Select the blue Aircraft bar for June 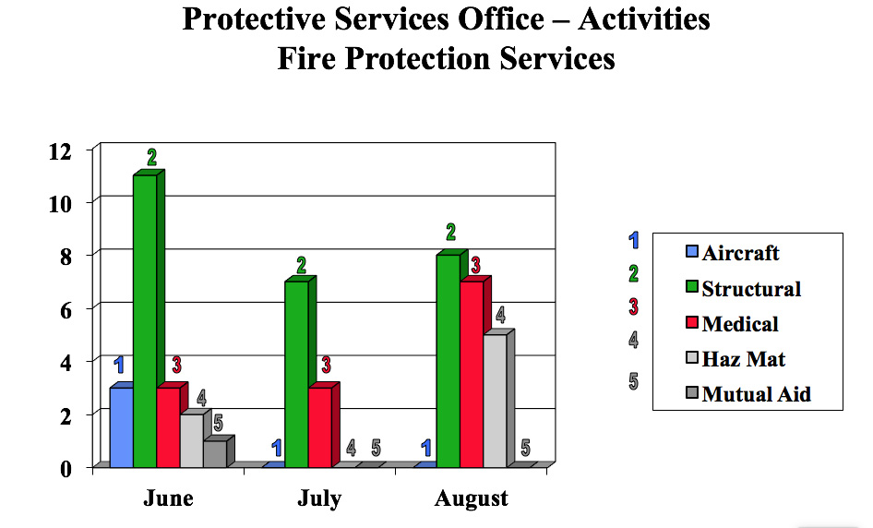click(122, 426)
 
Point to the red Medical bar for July click(319, 426)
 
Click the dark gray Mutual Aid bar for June click(214, 453)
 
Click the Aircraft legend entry click(740, 253)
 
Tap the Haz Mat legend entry click(744, 359)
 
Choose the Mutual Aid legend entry click(756, 394)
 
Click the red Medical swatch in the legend click(691, 324)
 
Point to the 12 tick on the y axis click(59, 150)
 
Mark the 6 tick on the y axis click(66, 309)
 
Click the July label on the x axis click(319, 499)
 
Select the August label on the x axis click(471, 499)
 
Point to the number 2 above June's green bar click(152, 157)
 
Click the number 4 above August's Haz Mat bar click(500, 315)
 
